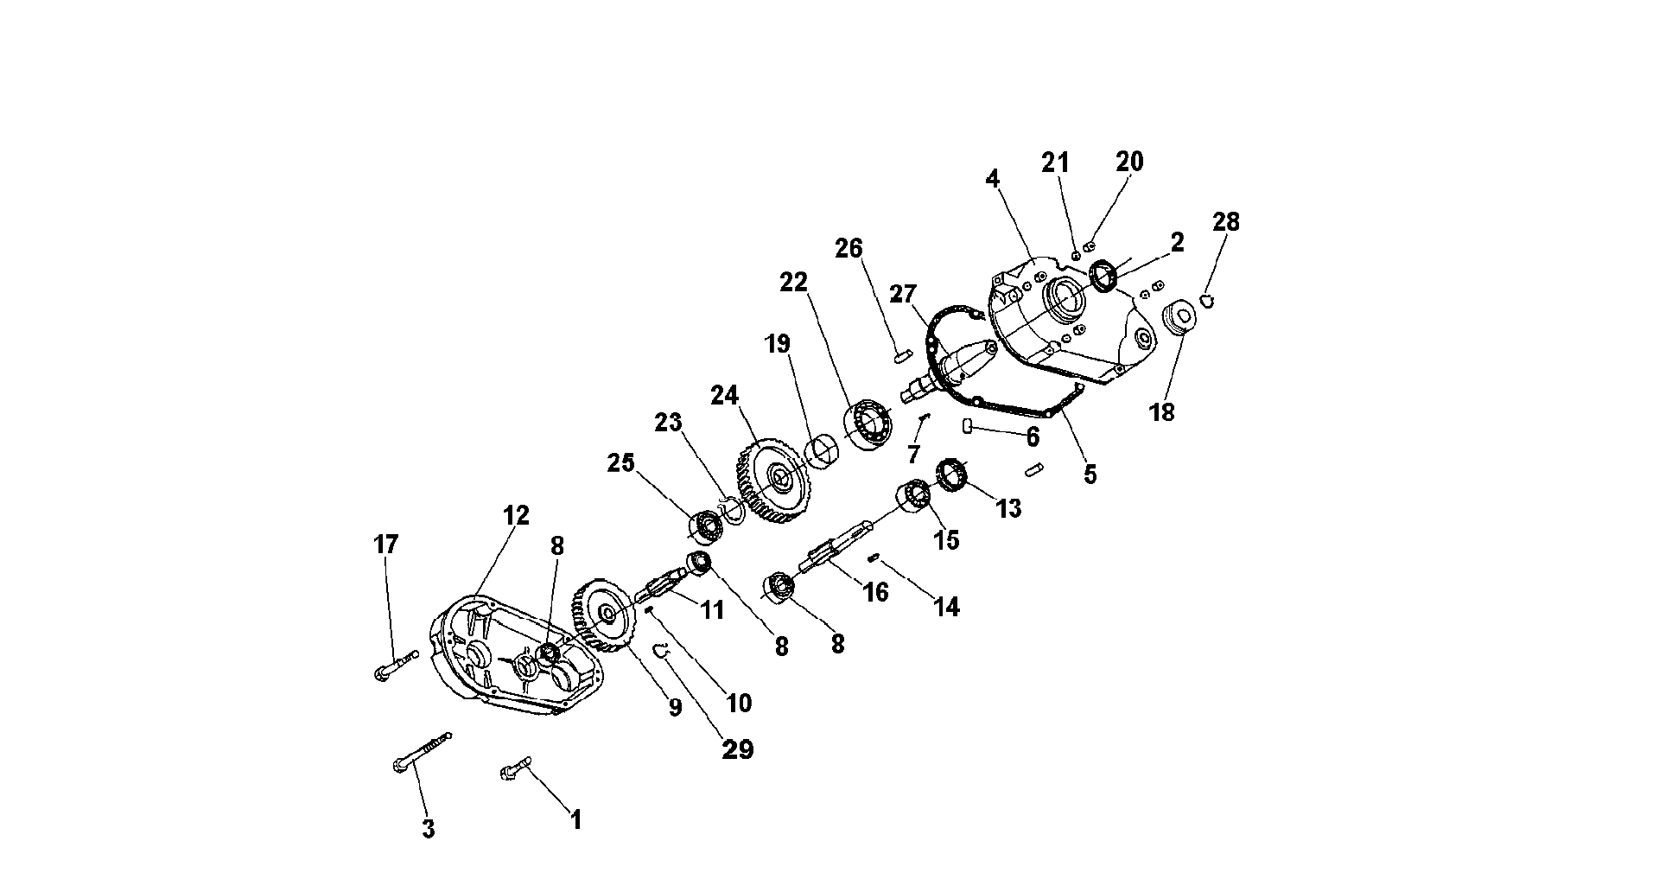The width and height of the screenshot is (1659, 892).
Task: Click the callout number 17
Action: coord(385,545)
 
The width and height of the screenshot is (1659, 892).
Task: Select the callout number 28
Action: coord(1225,222)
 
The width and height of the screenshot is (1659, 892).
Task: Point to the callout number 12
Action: coord(516,515)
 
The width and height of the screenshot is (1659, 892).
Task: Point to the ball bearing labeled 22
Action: coord(871,423)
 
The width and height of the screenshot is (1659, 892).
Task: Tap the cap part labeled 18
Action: coord(1178,317)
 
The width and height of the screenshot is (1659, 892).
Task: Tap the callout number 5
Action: coord(1090,474)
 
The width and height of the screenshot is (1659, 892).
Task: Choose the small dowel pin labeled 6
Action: coord(969,425)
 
